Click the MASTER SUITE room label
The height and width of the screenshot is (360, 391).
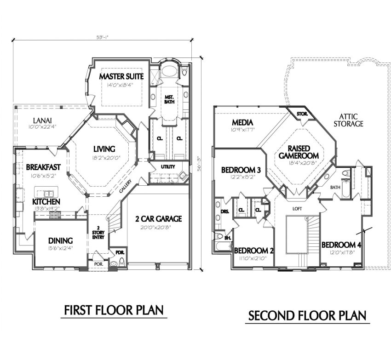point(121,76)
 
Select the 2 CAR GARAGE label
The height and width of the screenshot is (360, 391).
point(158,218)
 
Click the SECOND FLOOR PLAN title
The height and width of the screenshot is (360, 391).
point(307,316)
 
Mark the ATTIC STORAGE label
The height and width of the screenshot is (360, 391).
point(348,120)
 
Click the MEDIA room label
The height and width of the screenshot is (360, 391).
point(243,122)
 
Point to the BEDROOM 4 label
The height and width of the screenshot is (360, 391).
point(341,245)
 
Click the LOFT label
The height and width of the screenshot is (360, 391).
point(297,208)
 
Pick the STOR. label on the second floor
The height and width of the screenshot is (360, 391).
point(302,114)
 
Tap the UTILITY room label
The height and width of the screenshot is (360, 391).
point(168,166)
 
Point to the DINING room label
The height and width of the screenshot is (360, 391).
point(60,240)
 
